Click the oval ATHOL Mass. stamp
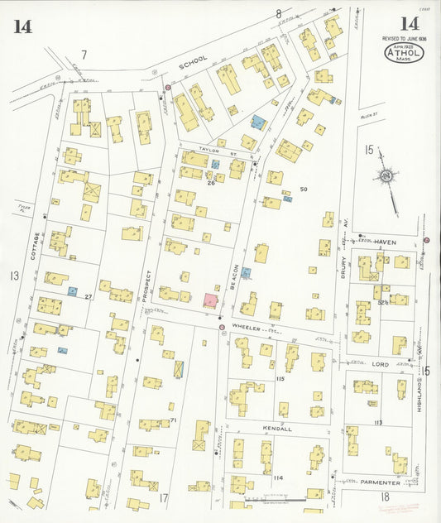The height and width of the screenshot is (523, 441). point(404,54)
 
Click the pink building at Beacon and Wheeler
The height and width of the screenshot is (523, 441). point(211,300)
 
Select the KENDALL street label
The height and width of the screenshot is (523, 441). point(277,429)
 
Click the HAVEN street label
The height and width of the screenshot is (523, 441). point(385,242)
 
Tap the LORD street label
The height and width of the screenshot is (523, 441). point(380,363)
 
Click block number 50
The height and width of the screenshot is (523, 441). point(304,190)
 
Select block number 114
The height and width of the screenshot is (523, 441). point(277,477)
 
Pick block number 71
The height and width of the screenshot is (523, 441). point(174,420)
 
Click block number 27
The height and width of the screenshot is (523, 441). point(88,295)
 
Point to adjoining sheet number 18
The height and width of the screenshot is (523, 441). point(385,497)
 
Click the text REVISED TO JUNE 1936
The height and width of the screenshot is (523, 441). point(404,39)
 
